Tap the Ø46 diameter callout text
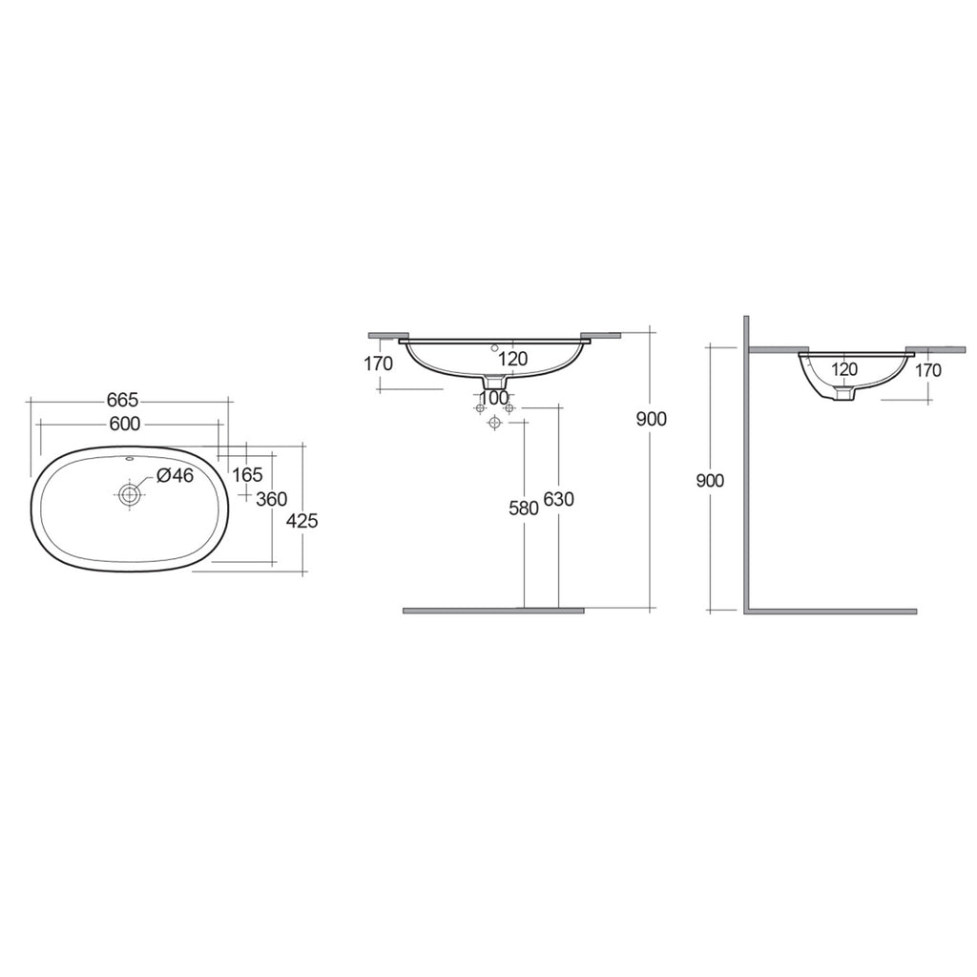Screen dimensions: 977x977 tap(176, 475)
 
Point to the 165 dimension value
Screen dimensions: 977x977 tap(247, 475)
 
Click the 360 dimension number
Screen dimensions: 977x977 tap(272, 499)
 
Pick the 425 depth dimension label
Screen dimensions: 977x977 tap(301, 521)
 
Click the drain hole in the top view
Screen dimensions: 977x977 tap(129, 494)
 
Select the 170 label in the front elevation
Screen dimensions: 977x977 tap(379, 364)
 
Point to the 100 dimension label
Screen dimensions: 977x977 tap(494, 396)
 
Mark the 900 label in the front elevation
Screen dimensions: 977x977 tap(651, 419)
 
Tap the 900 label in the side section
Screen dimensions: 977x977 tap(709, 481)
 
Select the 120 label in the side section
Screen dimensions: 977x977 tap(843, 369)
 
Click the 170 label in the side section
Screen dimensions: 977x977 tap(926, 370)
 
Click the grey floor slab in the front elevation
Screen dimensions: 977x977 tap(493, 610)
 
